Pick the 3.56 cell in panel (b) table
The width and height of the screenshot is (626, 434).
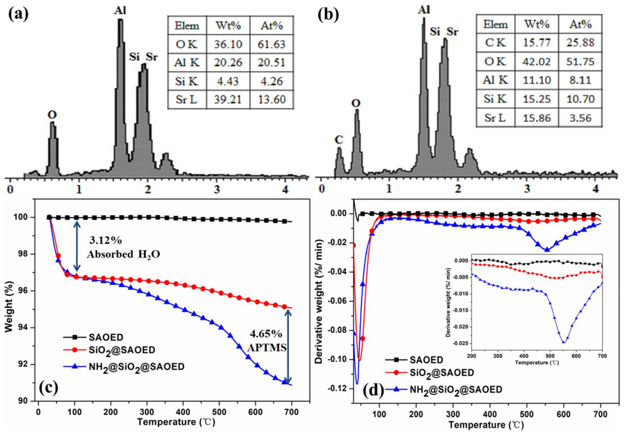click(x=580, y=118)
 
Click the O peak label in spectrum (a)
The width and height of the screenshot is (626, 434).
click(x=52, y=115)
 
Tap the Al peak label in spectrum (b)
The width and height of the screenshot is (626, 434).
click(x=424, y=10)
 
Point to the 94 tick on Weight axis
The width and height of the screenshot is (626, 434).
click(x=26, y=328)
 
